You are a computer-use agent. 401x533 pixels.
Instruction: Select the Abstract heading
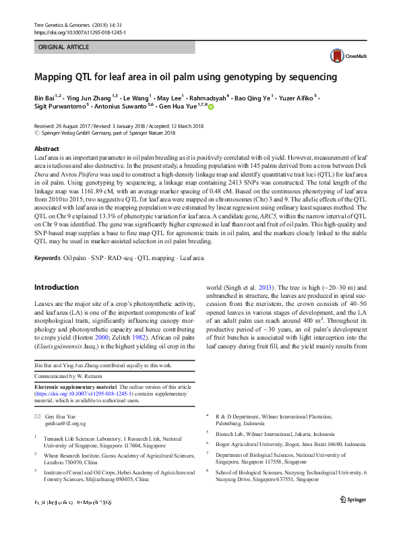pos(47,148)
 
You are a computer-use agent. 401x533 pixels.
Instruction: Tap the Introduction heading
pos(56,287)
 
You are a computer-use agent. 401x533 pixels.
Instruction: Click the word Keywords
pos(47,258)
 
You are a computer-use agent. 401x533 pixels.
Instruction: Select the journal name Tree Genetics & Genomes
pos(68,25)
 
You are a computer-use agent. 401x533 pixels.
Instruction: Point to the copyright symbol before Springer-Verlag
pos(36,133)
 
